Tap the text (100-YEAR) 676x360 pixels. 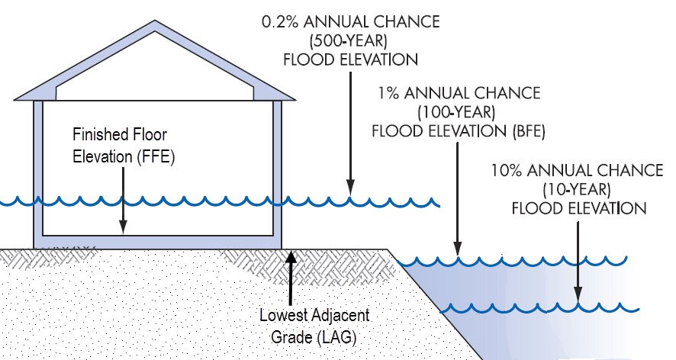tap(459, 112)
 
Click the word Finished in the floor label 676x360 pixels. tap(98, 134)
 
